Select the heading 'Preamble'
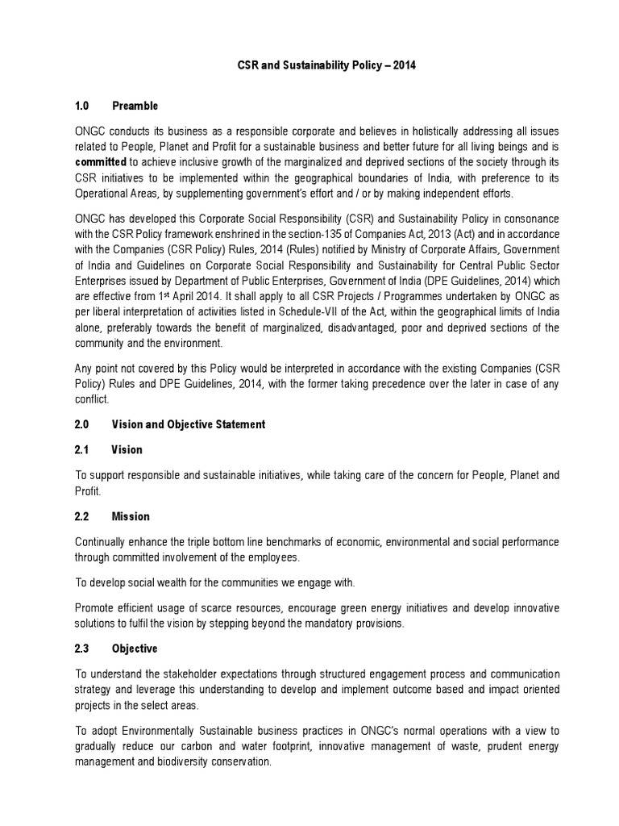(x=135, y=106)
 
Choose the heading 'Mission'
(x=131, y=516)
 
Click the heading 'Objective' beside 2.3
(x=135, y=649)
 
